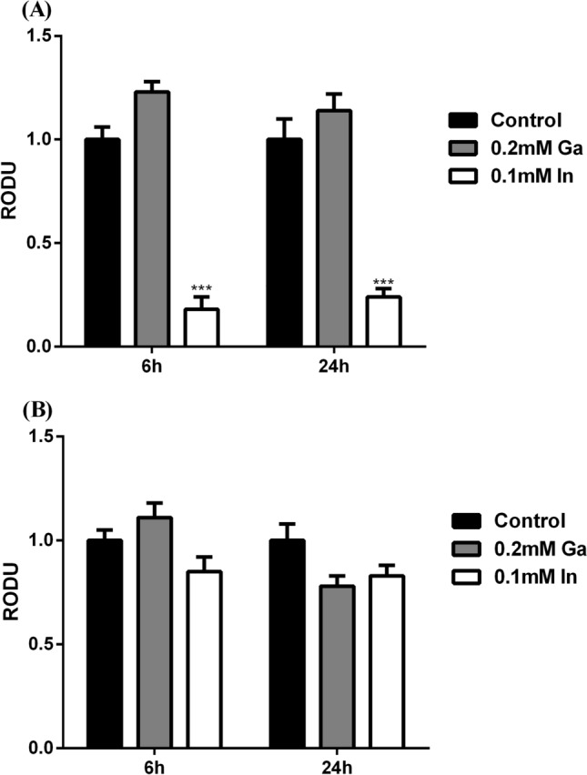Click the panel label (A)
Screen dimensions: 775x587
(20, 10)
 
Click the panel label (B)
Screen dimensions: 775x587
(20, 408)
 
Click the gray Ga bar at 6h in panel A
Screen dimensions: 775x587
(152, 218)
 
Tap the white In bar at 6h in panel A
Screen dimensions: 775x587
(201, 327)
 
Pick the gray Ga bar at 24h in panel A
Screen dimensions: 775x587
(334, 227)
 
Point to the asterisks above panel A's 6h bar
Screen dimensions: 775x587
(201, 288)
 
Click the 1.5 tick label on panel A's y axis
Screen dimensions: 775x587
(39, 35)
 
